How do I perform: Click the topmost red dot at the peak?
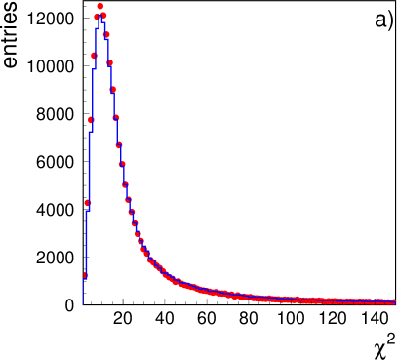point(99,6)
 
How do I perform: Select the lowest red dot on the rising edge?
point(84,275)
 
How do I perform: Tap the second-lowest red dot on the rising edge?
point(87,203)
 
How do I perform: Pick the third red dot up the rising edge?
point(91,120)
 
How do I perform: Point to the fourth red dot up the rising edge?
point(94,56)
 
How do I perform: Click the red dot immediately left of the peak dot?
point(97,17)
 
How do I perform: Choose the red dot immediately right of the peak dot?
point(103,16)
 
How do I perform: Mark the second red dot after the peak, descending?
point(106,35)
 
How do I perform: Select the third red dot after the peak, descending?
point(109,62)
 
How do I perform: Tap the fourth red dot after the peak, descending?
point(112,89)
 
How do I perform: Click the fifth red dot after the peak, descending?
point(115,118)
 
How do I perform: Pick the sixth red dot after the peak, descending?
point(118,145)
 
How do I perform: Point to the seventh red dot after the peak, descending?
point(122,166)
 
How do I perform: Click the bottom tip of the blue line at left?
point(84,302)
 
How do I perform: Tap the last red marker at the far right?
point(393,302)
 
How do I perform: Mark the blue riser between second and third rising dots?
point(89,166)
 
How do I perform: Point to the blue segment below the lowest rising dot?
point(84,291)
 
